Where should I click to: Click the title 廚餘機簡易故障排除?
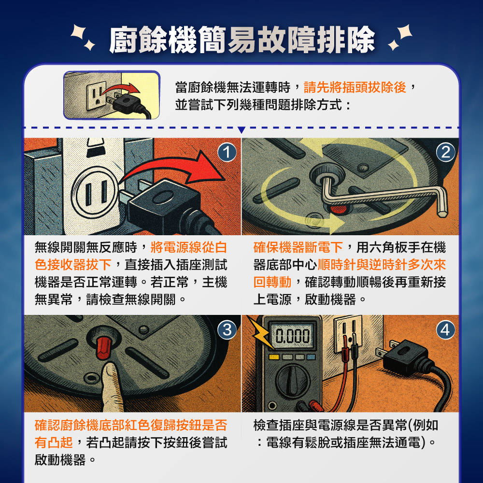(x=241, y=40)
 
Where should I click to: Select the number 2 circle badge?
(x=445, y=153)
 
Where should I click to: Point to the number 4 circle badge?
(x=445, y=330)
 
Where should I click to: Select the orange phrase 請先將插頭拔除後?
(x=355, y=88)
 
